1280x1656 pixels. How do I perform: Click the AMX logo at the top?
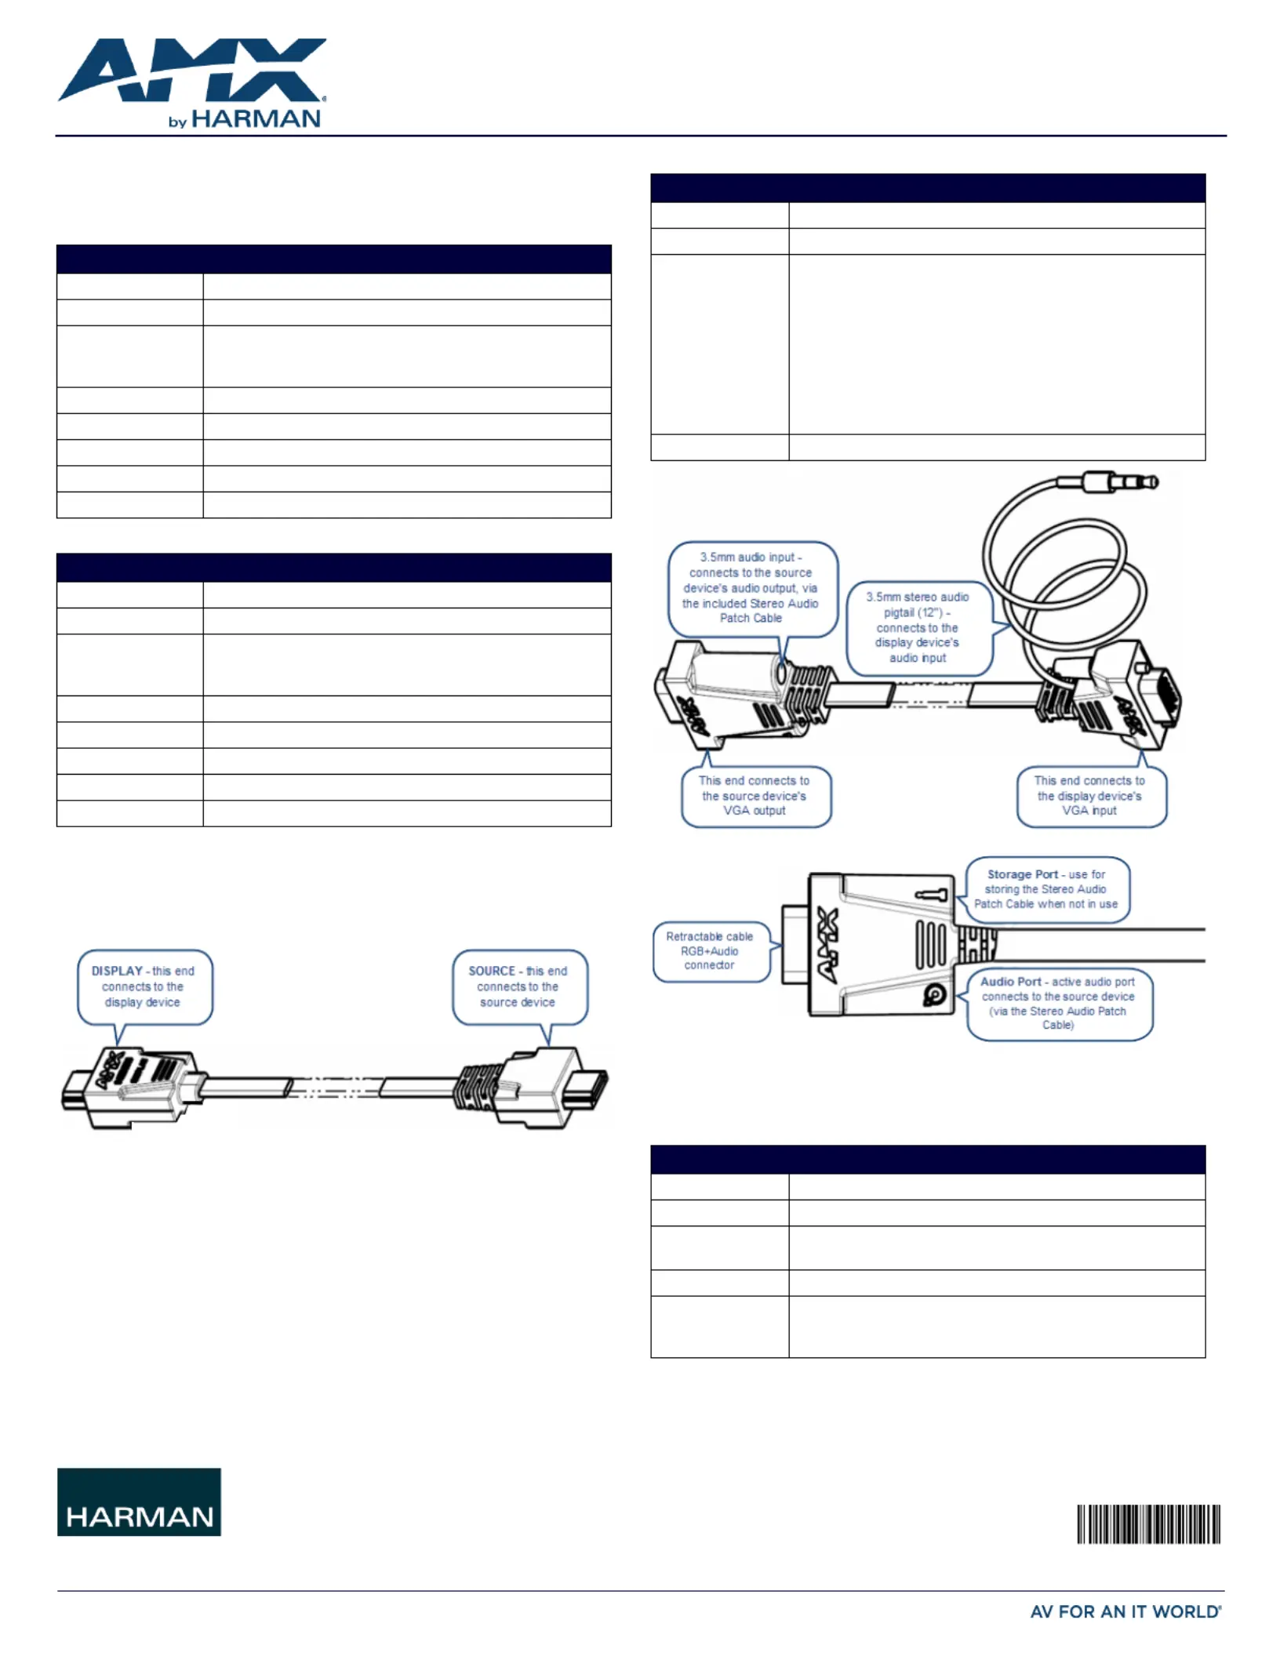click(x=192, y=71)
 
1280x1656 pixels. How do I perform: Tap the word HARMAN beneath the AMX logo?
click(x=256, y=119)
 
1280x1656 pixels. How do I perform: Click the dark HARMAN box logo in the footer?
click(x=139, y=1502)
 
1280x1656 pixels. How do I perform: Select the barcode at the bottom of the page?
click(x=1148, y=1523)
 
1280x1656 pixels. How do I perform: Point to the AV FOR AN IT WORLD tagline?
click(x=1125, y=1612)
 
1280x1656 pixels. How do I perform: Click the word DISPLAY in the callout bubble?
click(x=117, y=971)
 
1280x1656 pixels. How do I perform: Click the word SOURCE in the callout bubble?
click(x=492, y=971)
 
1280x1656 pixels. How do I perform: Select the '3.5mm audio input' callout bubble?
click(x=752, y=588)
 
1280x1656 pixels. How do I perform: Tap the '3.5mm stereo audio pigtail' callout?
click(x=918, y=627)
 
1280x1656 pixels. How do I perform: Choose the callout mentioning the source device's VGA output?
click(x=755, y=796)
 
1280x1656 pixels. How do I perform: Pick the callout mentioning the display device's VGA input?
click(x=1091, y=796)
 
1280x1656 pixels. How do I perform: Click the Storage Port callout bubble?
click(x=1047, y=889)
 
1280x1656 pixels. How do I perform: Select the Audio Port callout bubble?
click(x=1059, y=1004)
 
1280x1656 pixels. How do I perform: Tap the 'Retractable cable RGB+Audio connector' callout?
click(x=711, y=951)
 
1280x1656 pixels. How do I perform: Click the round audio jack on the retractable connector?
click(x=934, y=995)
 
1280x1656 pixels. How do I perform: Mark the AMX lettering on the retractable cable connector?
click(x=827, y=946)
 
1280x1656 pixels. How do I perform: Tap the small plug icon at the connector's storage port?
click(x=933, y=895)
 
